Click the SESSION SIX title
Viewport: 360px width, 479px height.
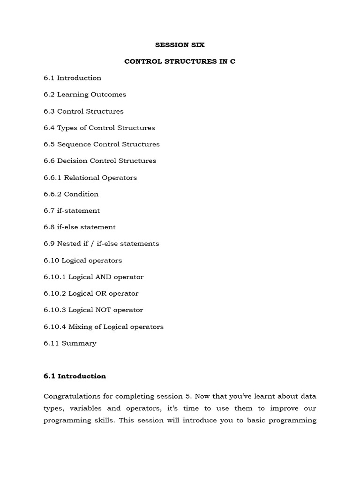pyautogui.click(x=180, y=45)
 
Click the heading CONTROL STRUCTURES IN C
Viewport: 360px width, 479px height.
pyautogui.click(x=180, y=61)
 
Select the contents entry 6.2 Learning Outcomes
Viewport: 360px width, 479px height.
pyautogui.click(x=85, y=94)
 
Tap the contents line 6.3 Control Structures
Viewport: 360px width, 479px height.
pyautogui.click(x=83, y=111)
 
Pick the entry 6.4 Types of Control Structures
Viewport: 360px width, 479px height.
pyautogui.click(x=99, y=128)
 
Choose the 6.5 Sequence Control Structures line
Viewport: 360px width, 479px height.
pyautogui.click(x=102, y=144)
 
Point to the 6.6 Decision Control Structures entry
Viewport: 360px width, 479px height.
pyautogui.click(x=100, y=161)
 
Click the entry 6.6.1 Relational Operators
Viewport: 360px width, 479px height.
pyautogui.click(x=90, y=177)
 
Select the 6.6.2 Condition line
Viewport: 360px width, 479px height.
pyautogui.click(x=71, y=194)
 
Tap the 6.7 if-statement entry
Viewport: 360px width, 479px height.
pyautogui.click(x=72, y=210)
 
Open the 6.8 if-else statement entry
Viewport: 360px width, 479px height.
pyautogui.click(x=80, y=227)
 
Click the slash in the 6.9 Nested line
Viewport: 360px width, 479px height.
pyautogui.click(x=106, y=244)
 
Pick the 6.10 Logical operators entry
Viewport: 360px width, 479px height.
pyautogui.click(x=83, y=260)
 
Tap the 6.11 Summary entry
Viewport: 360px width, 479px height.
pyautogui.click(x=70, y=343)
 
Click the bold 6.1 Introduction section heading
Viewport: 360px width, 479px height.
pyautogui.click(x=75, y=376)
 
